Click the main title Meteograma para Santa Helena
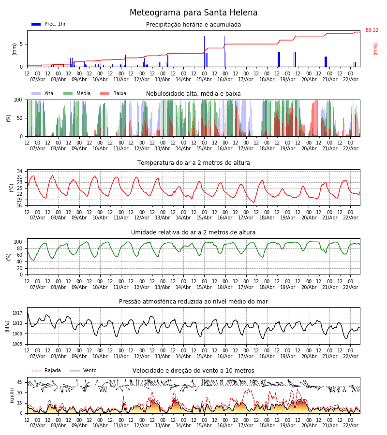tap(193, 13)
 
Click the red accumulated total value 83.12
tap(372, 30)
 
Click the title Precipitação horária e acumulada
tap(193, 25)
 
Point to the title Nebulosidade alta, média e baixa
tap(193, 94)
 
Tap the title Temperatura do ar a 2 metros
tap(193, 163)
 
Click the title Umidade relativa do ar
tap(193, 232)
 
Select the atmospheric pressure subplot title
tap(193, 302)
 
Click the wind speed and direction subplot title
tap(193, 371)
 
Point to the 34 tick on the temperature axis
tap(19, 172)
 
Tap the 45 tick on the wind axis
tap(19, 382)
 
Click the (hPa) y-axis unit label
tap(7, 326)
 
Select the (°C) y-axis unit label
tap(12, 187)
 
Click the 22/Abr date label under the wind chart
tap(350, 425)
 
